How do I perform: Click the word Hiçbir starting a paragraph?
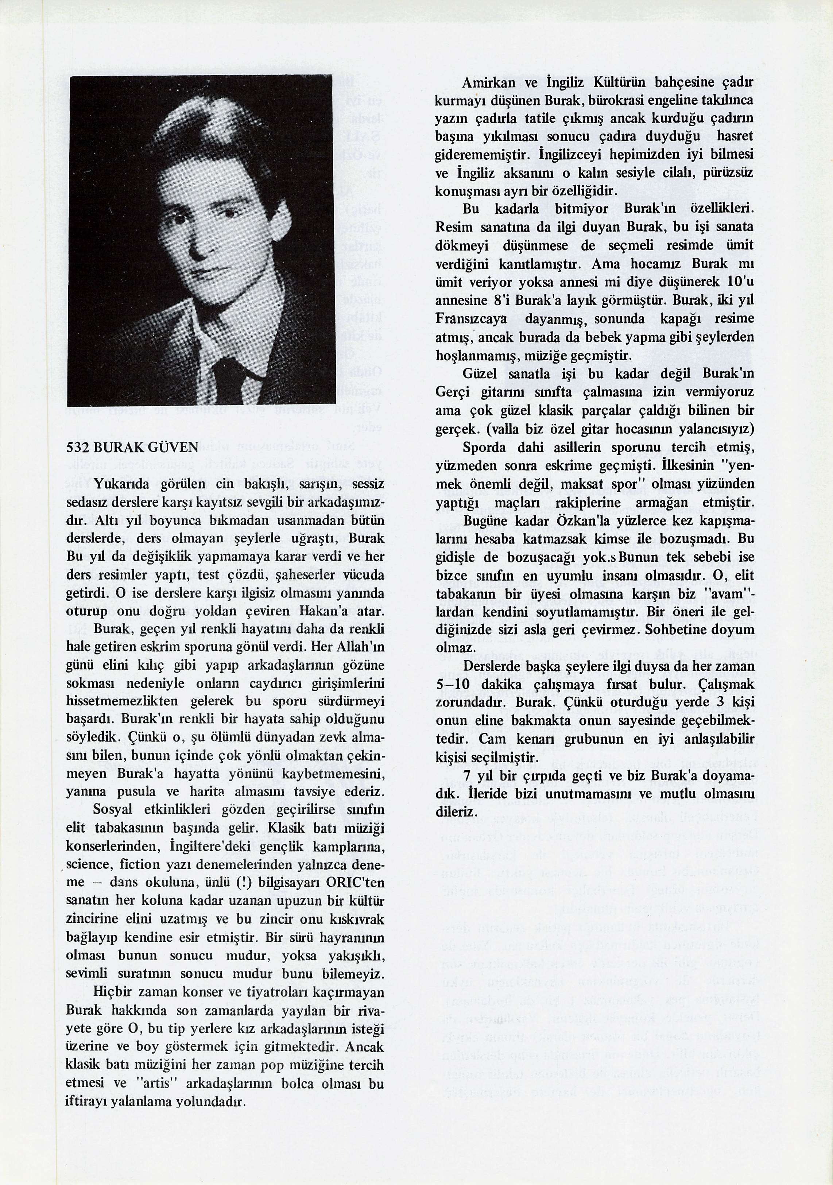tap(113, 992)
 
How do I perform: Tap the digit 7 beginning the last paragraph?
tap(466, 776)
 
